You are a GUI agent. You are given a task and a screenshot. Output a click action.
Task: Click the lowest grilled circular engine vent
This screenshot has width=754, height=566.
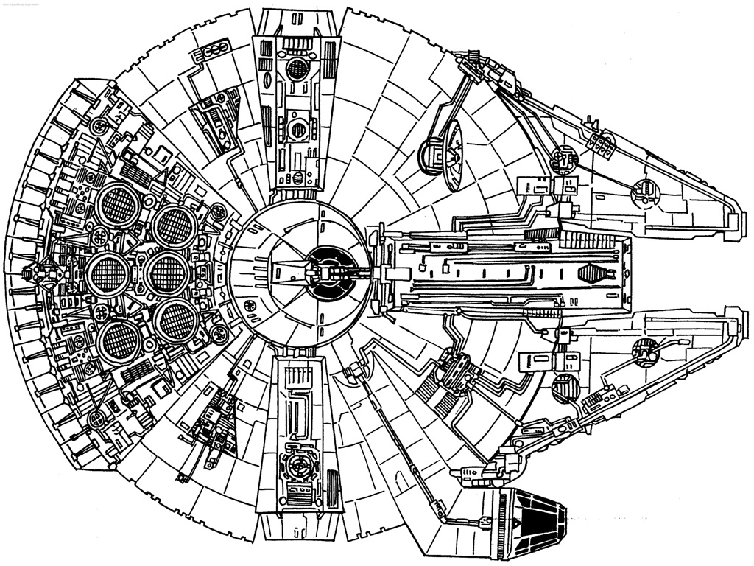117,340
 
